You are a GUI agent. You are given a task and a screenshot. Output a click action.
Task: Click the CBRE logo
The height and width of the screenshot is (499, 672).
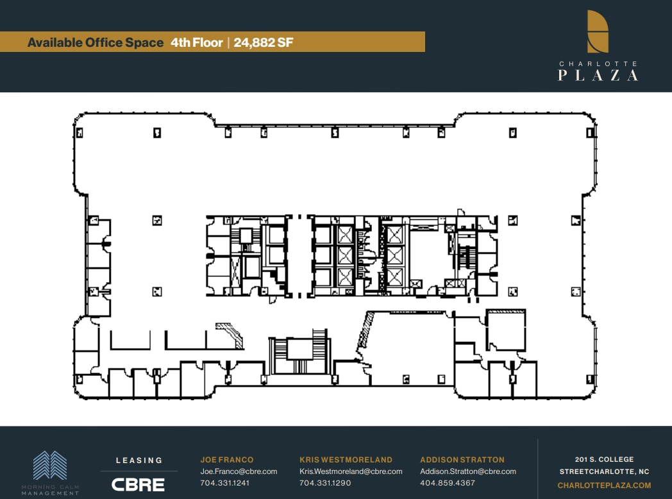point(138,484)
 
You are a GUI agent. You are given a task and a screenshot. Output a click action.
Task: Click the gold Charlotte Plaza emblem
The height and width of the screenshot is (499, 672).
point(598,31)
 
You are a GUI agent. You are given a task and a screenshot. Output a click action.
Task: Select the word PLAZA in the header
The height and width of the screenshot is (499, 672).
point(598,75)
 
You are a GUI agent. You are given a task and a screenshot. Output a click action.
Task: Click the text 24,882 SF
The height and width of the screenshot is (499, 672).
point(264,43)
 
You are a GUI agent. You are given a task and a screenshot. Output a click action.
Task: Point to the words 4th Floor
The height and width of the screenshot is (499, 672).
point(196,43)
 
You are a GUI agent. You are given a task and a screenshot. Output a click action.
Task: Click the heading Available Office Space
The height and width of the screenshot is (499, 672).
point(96,43)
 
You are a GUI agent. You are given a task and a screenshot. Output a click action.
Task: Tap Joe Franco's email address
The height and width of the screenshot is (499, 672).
point(239,471)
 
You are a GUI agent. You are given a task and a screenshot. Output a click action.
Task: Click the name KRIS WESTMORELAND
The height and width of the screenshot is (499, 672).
point(346,460)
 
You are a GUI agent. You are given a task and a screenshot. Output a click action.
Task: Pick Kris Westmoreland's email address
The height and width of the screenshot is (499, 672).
point(351,471)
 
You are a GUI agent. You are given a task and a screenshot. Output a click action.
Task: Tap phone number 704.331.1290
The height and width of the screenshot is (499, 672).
point(325,483)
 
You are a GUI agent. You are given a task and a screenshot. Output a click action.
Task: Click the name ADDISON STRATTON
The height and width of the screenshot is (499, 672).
point(462,460)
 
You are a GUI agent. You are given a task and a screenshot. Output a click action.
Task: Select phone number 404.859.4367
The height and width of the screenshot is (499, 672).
point(448,483)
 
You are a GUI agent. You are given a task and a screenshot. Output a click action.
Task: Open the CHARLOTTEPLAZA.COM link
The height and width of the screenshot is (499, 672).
point(604,486)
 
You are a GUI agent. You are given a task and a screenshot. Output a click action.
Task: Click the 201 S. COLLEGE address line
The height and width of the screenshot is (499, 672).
point(604,459)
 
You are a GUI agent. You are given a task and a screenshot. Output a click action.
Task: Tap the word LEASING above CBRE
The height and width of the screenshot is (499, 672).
point(139,461)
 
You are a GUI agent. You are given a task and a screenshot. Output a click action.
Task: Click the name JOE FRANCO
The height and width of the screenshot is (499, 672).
point(227,460)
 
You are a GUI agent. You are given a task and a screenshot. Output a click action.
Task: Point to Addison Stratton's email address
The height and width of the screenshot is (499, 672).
point(468,471)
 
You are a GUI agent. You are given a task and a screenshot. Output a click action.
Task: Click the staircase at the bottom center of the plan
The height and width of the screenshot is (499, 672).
point(299,354)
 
